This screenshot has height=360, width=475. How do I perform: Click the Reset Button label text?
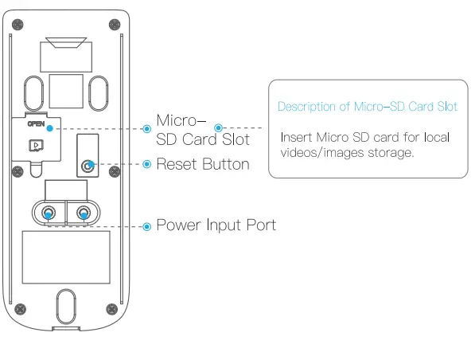pos(203,165)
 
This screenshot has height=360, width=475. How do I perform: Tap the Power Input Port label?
pos(216,225)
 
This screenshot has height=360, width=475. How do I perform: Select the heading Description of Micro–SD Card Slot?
pos(367,107)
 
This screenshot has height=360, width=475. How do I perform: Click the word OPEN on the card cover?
pos(36,124)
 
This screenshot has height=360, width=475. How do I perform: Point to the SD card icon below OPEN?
pos(36,146)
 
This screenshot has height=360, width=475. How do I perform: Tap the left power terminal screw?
pos(49,213)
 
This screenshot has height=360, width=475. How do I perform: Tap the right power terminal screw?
pos(83,213)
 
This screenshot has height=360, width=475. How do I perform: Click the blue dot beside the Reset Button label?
pos(146,165)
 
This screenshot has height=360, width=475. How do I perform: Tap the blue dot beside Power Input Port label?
pos(146,226)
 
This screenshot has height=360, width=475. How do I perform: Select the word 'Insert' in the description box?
pos(295,137)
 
